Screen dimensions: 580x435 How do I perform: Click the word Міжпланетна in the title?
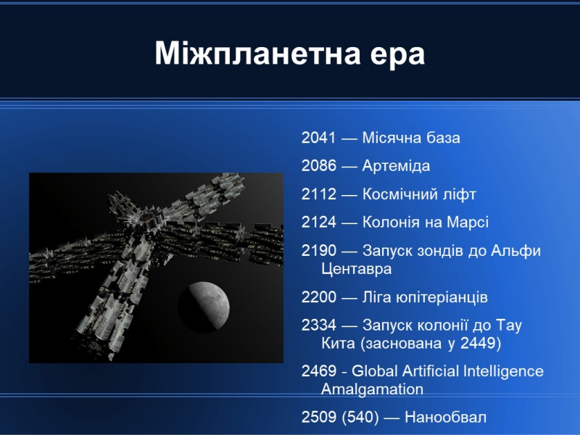(257, 54)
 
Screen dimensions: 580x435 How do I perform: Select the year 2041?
(318, 138)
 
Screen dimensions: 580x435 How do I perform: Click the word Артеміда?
(396, 166)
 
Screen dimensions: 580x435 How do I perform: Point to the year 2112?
(318, 194)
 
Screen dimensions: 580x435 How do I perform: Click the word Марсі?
(468, 222)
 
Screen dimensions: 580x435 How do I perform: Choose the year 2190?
(318, 250)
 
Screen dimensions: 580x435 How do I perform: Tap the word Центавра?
(356, 269)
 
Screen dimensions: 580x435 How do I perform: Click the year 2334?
(318, 325)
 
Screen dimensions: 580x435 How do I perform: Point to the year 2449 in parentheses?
(478, 343)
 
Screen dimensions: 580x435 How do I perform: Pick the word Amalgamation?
(372, 389)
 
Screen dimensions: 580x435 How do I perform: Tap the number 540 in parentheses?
(360, 418)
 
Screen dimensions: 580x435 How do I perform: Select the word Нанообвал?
(445, 418)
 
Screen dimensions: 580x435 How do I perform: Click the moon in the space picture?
(204, 306)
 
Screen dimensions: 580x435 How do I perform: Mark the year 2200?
(318, 297)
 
